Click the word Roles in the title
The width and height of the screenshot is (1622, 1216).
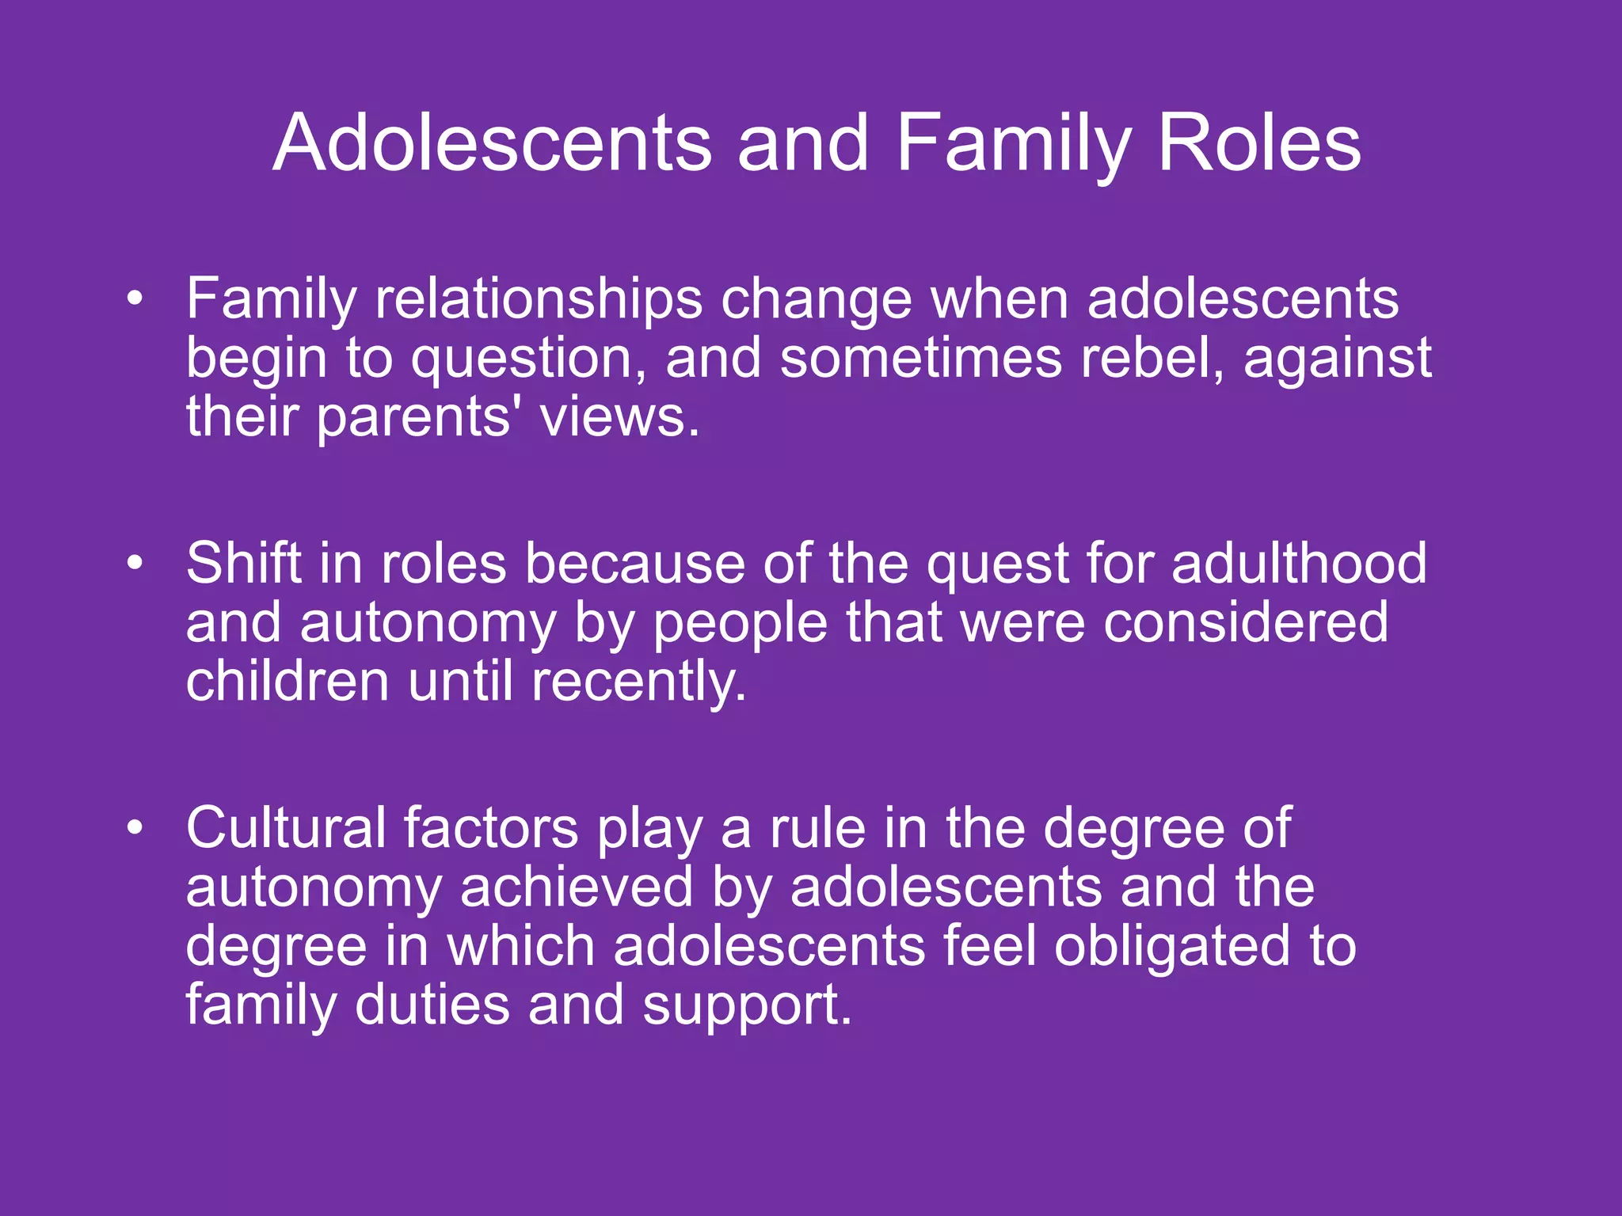[1259, 143]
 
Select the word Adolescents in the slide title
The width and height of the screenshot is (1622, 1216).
[492, 143]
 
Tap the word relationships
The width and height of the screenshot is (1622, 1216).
[539, 300]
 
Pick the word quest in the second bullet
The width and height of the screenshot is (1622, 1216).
[998, 565]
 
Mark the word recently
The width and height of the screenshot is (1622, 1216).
[638, 682]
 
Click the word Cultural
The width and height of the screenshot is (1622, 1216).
[286, 828]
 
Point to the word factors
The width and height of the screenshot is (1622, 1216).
[491, 828]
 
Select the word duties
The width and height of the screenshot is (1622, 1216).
[432, 1005]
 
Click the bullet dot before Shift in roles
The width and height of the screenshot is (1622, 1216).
[135, 563]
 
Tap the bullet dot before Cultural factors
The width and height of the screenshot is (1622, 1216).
[135, 827]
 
